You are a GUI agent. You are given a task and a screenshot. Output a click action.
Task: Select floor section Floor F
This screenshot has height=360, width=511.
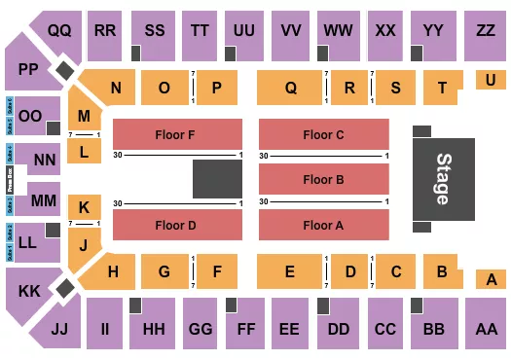pos(178,134)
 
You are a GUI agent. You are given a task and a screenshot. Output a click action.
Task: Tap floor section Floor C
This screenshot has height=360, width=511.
pos(322,134)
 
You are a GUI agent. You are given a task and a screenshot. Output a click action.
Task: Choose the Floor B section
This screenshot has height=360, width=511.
pos(322,179)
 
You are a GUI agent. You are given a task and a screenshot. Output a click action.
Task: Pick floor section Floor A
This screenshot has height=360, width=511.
pos(322,225)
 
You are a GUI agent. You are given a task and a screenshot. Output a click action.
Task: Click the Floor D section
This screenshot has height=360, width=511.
pos(178,225)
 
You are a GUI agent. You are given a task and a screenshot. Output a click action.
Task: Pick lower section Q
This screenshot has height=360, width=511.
pos(290,88)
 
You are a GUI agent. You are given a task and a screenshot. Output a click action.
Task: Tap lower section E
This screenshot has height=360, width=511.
pos(290,272)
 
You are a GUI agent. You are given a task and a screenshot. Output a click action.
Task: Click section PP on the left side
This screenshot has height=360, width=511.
pos(25,69)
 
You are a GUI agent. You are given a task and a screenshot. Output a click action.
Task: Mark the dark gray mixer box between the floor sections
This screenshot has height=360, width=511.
pos(216,180)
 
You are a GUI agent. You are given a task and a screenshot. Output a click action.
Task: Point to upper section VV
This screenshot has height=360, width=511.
pos(289,31)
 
